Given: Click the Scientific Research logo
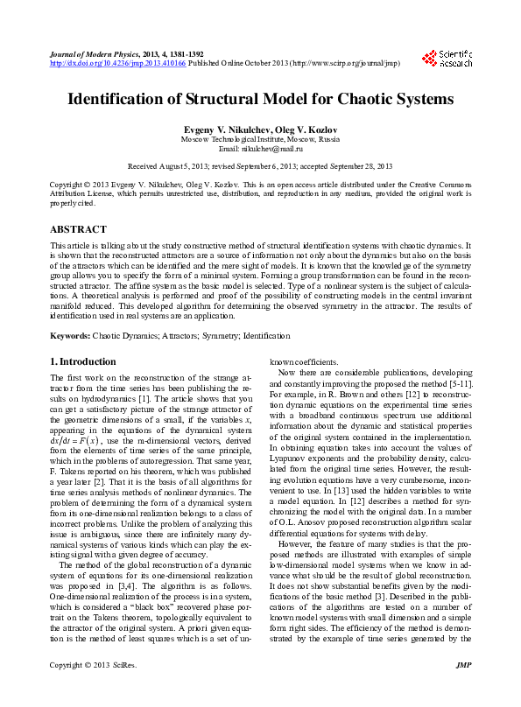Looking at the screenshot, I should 447,59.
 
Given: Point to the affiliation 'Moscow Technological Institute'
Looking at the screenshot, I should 233,139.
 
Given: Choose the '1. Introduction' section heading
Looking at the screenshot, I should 81,361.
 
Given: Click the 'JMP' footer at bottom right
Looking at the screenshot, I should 464,690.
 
